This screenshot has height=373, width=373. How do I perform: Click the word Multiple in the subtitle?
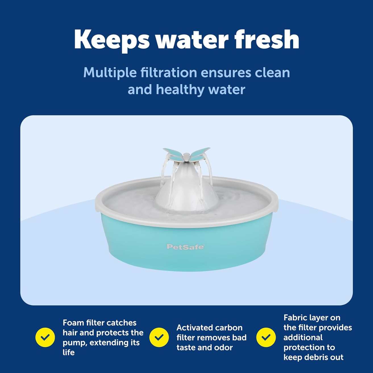[x=110, y=73]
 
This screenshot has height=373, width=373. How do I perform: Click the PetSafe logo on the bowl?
[x=185, y=247]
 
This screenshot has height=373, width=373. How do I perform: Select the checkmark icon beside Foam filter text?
[x=45, y=337]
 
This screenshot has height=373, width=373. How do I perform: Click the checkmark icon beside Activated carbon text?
[x=159, y=337]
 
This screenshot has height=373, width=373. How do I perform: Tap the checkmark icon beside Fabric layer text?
[x=266, y=337]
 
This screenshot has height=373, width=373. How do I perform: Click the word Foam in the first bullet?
[x=73, y=323]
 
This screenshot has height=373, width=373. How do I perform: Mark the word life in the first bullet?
[x=68, y=352]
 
